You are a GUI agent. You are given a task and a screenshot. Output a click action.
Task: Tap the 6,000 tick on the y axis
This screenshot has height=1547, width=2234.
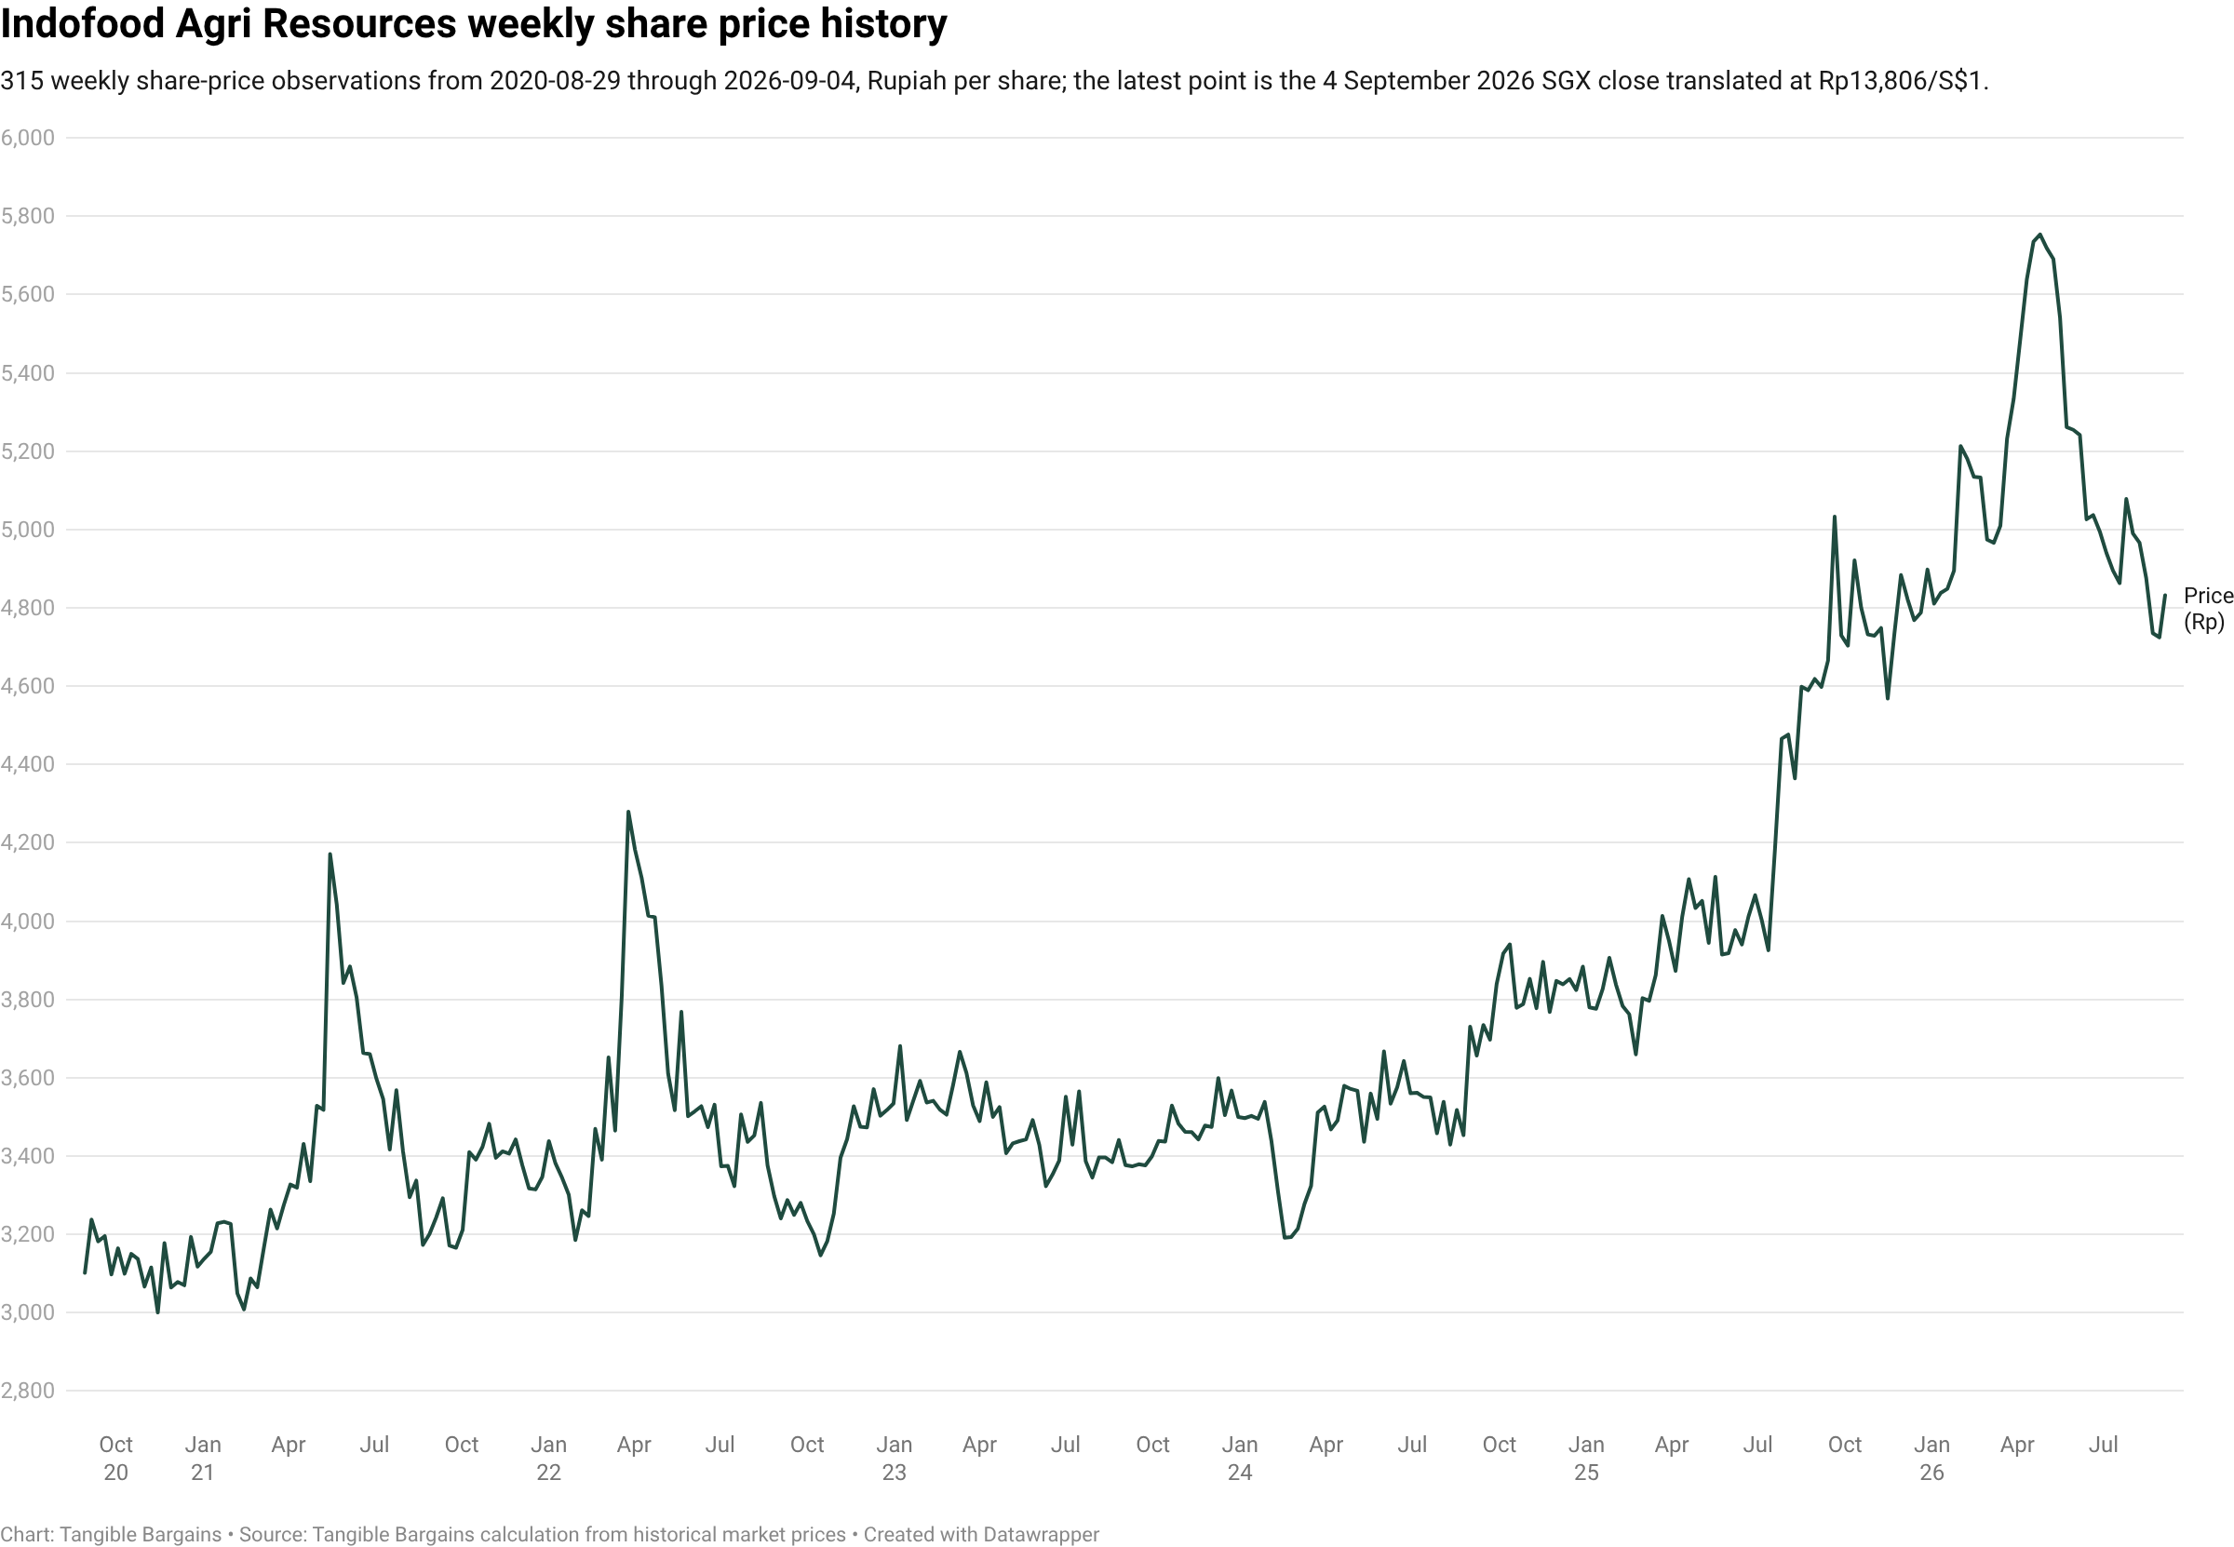[x=28, y=138]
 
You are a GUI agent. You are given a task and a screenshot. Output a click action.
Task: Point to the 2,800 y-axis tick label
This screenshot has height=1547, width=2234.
[x=28, y=1391]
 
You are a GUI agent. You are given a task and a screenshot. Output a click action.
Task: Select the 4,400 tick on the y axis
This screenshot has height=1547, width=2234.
[x=28, y=764]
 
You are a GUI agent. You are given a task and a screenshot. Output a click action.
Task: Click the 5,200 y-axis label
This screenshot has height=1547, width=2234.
[x=28, y=451]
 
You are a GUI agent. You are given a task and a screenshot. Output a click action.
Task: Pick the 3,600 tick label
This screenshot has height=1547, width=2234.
[x=28, y=1078]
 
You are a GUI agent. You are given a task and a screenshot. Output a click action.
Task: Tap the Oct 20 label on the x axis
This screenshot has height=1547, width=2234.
[x=116, y=1458]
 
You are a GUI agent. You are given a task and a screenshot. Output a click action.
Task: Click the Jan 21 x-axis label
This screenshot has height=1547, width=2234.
[x=203, y=1458]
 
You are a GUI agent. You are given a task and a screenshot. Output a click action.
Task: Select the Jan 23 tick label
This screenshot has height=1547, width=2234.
[x=894, y=1458]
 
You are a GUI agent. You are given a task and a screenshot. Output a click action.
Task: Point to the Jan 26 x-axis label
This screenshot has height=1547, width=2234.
[x=1931, y=1458]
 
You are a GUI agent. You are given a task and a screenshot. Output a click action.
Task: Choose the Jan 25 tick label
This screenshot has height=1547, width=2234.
[x=1585, y=1458]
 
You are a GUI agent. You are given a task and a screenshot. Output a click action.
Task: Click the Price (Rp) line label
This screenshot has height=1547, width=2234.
[x=2208, y=609]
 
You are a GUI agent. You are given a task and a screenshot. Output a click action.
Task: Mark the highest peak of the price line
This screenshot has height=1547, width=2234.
[x=2039, y=235]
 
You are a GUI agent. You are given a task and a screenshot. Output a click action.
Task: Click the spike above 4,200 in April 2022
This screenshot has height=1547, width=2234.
[x=628, y=813]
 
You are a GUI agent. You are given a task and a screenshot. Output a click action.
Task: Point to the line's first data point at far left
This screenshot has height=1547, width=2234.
[x=86, y=1272]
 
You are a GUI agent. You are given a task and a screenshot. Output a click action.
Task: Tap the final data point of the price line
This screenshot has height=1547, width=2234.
[x=2164, y=596]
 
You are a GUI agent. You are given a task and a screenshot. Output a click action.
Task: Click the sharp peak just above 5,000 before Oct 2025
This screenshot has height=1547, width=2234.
[x=1834, y=517]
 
